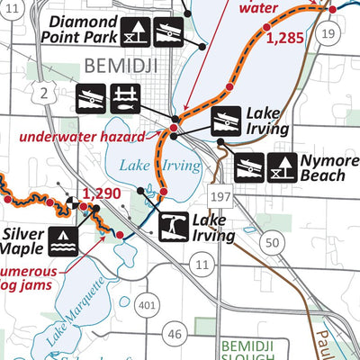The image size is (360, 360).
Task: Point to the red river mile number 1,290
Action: pos(100,193)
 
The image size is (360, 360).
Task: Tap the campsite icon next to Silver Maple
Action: pos(62,238)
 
